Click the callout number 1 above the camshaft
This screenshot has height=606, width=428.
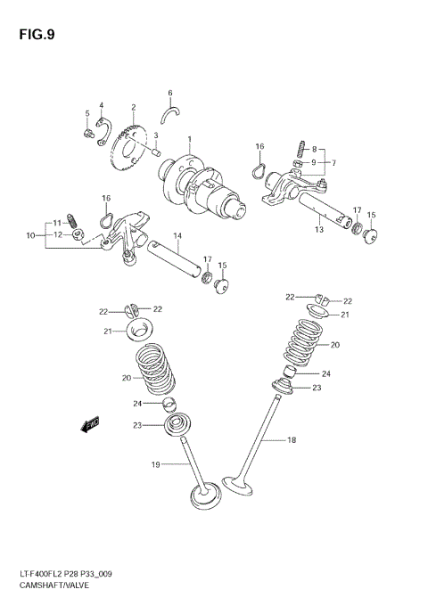click(x=189, y=138)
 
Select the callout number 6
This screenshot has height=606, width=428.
click(x=169, y=93)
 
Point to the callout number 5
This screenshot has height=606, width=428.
click(x=87, y=113)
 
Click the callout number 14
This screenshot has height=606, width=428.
click(x=177, y=236)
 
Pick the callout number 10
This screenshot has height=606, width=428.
click(x=30, y=235)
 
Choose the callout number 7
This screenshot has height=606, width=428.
click(x=333, y=163)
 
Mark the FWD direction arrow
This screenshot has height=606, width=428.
click(x=90, y=426)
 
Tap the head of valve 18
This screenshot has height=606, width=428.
click(x=236, y=487)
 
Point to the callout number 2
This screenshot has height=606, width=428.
click(x=133, y=106)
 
